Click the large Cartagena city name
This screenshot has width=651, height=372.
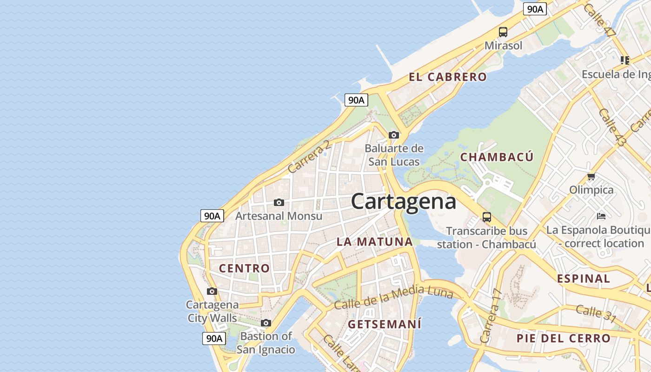tap(403, 202)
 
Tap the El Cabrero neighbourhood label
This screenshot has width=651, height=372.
tap(448, 77)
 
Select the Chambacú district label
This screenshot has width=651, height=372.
tap(497, 157)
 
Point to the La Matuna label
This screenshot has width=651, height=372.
tap(375, 242)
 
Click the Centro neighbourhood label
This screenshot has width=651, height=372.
tap(244, 268)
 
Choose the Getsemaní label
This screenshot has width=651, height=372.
tap(385, 324)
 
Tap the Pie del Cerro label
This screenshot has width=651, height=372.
tap(563, 339)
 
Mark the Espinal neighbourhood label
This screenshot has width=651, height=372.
tap(584, 279)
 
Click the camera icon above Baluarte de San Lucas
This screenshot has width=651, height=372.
tap(394, 135)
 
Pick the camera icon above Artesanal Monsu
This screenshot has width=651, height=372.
tap(279, 202)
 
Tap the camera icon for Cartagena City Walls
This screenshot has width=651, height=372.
tap(212, 292)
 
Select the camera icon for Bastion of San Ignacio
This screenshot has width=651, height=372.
tap(266, 323)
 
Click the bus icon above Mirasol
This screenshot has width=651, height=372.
tap(503, 32)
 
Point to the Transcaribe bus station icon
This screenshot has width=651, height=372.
tap(487, 217)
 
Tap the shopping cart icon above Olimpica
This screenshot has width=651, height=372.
tap(591, 176)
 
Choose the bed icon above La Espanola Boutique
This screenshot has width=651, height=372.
tap(601, 216)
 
